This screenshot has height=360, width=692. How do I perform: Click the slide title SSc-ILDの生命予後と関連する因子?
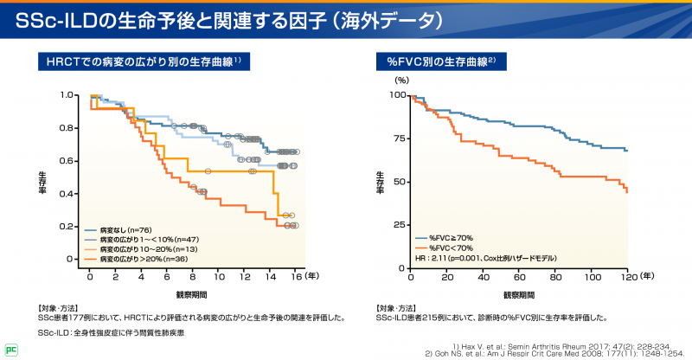click(234, 18)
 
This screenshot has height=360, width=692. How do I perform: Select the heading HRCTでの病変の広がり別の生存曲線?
click(143, 62)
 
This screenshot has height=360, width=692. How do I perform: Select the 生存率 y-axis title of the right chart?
click(381, 181)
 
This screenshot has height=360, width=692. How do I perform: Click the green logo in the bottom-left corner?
click(10, 350)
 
